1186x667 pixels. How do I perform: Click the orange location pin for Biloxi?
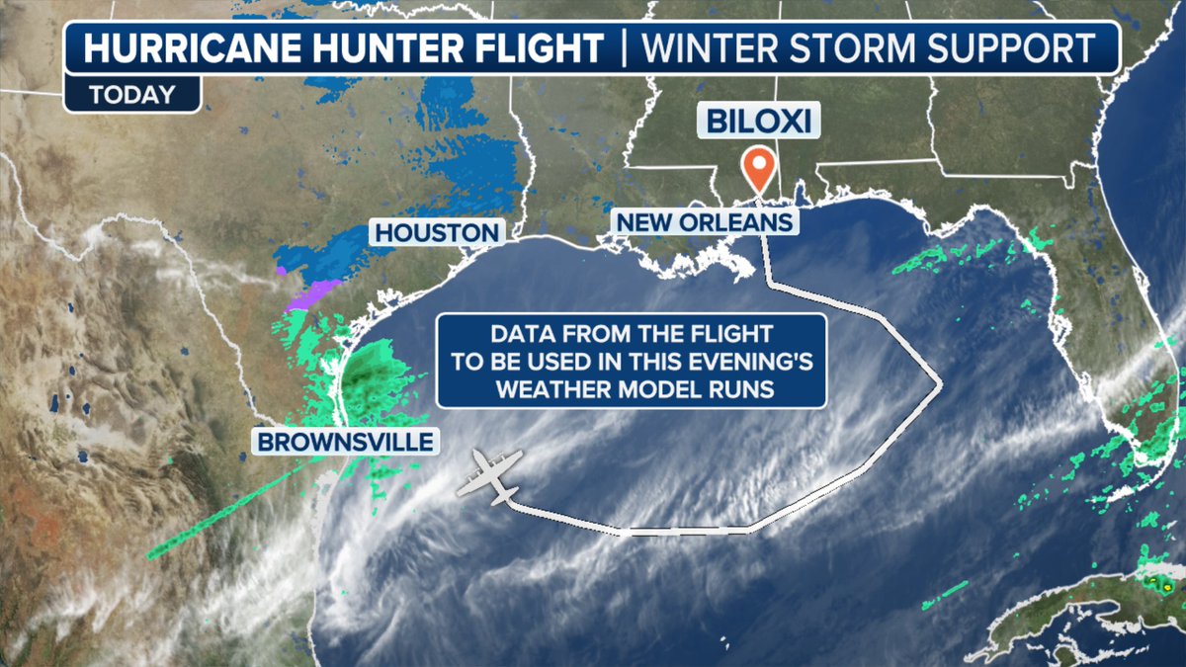pos(758,169)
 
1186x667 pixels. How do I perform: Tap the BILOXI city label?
pos(758,121)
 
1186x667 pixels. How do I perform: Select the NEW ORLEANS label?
pos(705,220)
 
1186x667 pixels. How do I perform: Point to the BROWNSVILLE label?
pos(347,441)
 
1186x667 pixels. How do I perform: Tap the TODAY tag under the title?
pos(131,96)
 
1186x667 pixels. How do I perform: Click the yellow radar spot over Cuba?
pos(1167,586)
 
